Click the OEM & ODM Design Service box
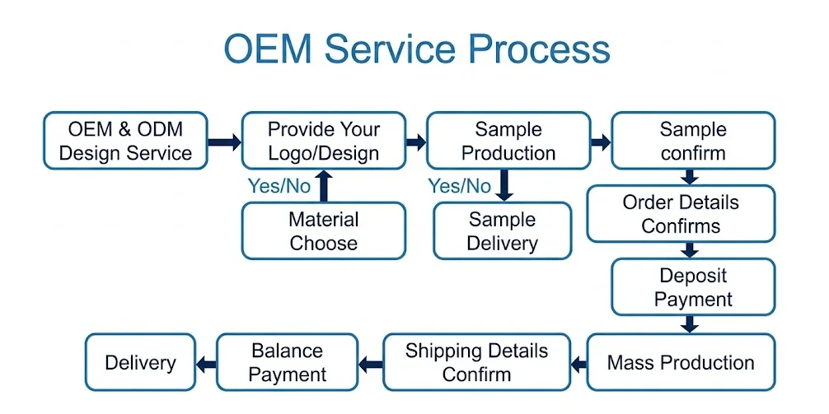[125, 141]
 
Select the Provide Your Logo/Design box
[324, 141]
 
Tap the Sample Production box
[508, 141]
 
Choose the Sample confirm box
[693, 141]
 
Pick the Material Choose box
[324, 230]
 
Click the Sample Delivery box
[503, 230]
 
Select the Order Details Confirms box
[681, 214]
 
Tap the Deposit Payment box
[693, 286]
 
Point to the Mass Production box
[681, 362]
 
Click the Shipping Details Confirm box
[477, 362]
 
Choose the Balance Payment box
[287, 362]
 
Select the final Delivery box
[140, 362]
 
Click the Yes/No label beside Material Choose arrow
[279, 186]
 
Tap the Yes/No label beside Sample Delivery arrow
[460, 186]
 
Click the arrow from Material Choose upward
[325, 186]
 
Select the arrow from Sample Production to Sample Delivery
[505, 185]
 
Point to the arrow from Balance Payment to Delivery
[206, 363]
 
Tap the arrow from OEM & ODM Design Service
[225, 142]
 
